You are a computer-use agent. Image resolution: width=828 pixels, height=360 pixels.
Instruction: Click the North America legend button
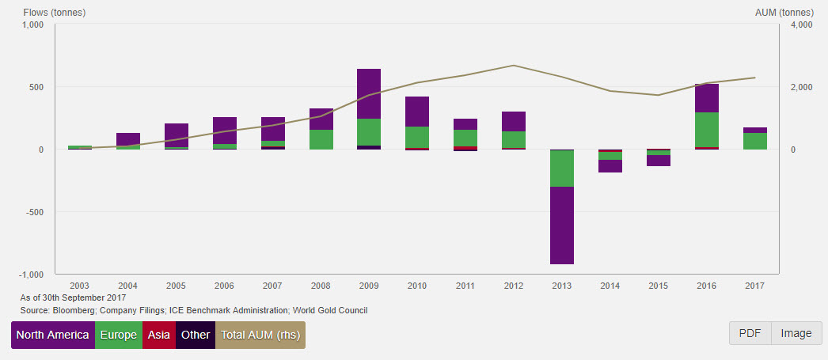tap(52, 335)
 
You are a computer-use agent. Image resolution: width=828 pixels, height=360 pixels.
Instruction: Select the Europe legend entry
tap(119, 335)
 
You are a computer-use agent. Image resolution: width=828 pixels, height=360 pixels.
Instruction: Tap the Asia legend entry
tap(159, 335)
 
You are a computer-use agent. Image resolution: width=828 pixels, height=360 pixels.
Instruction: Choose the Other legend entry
tap(196, 335)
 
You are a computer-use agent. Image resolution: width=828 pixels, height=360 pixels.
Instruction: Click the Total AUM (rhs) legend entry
tap(260, 335)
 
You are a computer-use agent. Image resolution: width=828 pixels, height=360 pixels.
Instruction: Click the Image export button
tap(796, 333)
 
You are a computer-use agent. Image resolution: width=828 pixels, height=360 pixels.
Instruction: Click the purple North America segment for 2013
tap(562, 225)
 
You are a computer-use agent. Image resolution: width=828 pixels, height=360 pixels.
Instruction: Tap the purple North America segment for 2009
tap(369, 93)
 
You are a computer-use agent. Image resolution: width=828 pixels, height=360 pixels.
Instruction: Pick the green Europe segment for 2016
tap(706, 130)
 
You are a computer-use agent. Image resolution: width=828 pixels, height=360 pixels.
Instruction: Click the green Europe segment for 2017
tap(755, 141)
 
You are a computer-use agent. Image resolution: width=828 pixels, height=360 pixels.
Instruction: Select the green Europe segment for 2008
tap(321, 139)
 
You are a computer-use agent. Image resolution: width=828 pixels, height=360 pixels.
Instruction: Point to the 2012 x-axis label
tap(514, 286)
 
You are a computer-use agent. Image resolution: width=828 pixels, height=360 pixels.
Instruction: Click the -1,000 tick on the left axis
tap(31, 275)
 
